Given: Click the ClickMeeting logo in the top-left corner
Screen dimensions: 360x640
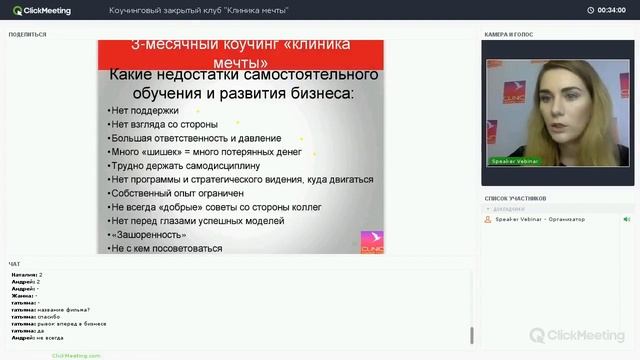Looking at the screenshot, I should (44, 10).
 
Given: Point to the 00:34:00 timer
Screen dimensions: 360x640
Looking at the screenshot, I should (611, 10).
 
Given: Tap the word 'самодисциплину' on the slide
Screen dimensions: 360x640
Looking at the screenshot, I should (221, 165).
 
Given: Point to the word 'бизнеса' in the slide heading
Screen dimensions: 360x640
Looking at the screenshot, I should (320, 93).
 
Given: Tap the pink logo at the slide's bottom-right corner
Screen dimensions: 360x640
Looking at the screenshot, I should (372, 242).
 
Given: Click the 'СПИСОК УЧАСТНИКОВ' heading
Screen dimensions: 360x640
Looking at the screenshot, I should (515, 199).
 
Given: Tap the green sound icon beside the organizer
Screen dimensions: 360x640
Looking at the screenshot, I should (627, 219).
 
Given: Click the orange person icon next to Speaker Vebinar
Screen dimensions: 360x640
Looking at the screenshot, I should (489, 219).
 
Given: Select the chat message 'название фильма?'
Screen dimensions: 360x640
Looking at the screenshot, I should (64, 310).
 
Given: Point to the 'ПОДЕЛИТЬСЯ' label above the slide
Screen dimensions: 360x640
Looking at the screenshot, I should (27, 35).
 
